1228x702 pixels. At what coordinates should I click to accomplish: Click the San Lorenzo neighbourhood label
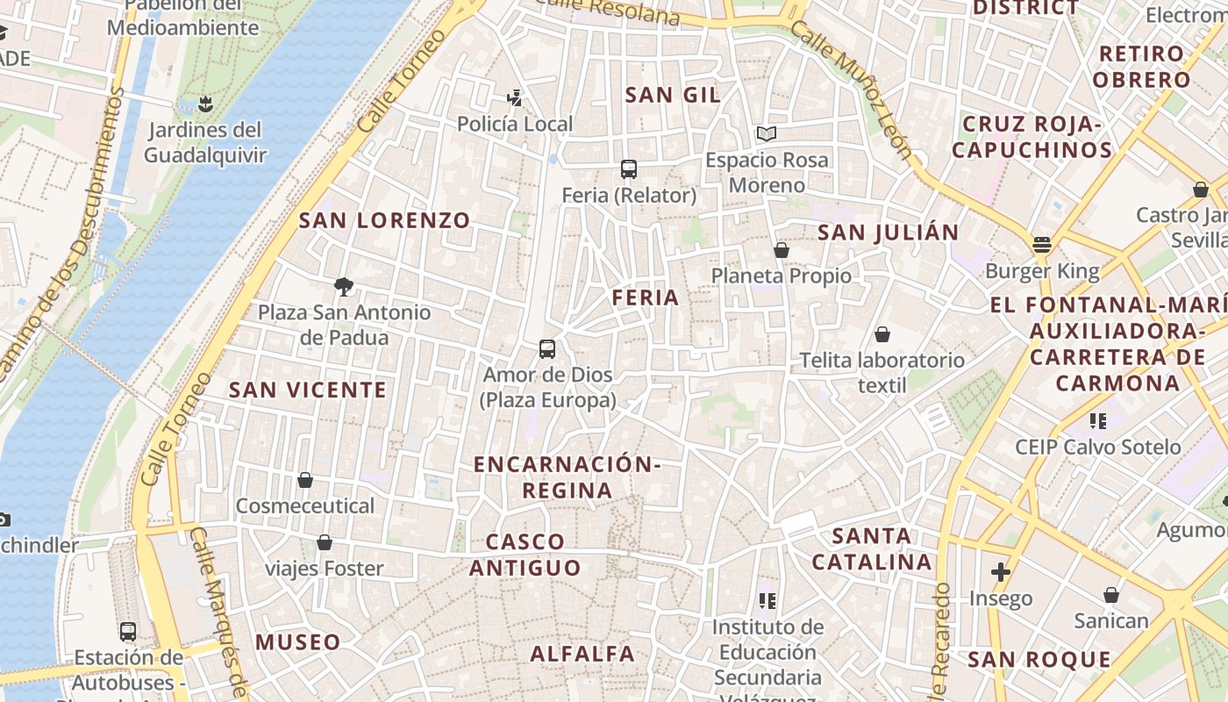point(384,220)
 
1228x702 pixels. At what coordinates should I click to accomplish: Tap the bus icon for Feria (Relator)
point(628,168)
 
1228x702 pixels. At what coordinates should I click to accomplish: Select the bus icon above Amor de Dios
point(547,348)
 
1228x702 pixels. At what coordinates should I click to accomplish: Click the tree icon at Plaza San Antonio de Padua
point(344,286)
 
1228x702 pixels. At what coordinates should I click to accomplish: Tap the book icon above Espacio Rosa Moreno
point(767,133)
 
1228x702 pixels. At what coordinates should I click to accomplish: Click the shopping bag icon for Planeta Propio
point(781,250)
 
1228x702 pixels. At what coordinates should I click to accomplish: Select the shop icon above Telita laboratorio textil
point(882,334)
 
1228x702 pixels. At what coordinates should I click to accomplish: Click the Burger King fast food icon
point(1042,244)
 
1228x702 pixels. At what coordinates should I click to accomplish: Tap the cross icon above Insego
point(1001,572)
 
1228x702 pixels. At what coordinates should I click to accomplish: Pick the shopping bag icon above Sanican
point(1111,595)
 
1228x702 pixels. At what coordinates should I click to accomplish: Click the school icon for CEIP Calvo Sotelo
point(1097,421)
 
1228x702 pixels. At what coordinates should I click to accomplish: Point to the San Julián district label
point(888,233)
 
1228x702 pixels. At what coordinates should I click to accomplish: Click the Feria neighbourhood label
point(646,297)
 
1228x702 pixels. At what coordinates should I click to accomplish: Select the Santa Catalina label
point(871,548)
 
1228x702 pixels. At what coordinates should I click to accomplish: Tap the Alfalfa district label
point(582,654)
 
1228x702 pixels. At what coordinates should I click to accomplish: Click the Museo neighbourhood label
point(297,641)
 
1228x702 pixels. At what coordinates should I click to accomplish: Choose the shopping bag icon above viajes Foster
point(325,542)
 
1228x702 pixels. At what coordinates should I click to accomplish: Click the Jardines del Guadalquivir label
point(205,143)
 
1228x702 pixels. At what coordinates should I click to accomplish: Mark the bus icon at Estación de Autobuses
point(128,631)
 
